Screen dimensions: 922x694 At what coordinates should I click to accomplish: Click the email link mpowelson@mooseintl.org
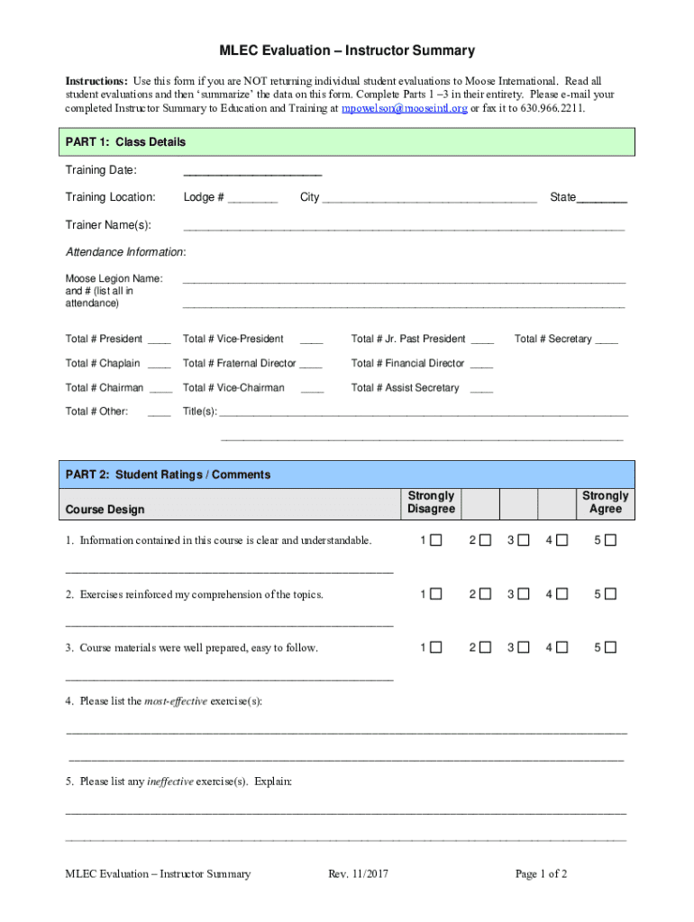404,108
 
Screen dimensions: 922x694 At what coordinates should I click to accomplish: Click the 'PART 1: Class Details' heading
125,142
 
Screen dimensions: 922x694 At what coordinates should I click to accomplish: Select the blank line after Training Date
252,172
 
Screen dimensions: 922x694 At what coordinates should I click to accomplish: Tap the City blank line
430,199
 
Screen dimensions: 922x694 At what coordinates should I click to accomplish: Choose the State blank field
602,199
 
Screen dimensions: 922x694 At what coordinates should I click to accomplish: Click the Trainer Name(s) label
108,224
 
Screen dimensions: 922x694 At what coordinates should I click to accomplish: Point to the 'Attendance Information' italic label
125,251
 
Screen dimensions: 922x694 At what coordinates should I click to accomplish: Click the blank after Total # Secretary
607,340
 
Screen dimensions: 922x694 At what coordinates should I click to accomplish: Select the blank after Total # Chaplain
160,365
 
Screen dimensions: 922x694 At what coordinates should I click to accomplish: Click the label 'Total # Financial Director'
407,364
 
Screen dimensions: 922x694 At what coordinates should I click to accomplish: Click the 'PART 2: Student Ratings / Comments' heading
168,475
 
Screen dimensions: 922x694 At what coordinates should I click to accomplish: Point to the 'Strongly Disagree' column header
431,502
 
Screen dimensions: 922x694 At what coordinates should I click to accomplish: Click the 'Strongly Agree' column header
605,502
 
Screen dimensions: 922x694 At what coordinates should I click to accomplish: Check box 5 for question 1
611,540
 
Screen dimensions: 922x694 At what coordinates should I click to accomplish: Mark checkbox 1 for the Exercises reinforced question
436,594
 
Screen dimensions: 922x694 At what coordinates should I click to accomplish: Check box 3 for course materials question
524,647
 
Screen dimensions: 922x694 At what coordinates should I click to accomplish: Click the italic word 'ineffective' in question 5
169,782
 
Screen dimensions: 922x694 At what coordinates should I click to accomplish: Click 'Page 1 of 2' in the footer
541,873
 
